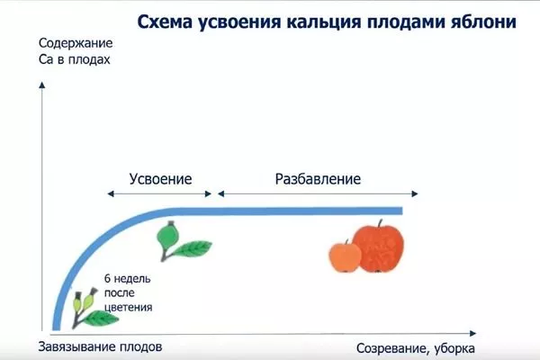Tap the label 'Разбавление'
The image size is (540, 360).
coord(318,178)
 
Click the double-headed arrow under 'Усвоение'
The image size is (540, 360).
coord(160,193)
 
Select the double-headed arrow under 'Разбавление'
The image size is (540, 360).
coord(319,193)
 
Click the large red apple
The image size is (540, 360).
coord(379,246)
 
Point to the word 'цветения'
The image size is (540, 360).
coord(127,307)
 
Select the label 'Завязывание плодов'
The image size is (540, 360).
coord(101,346)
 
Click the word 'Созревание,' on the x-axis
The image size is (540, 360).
coord(393,348)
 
